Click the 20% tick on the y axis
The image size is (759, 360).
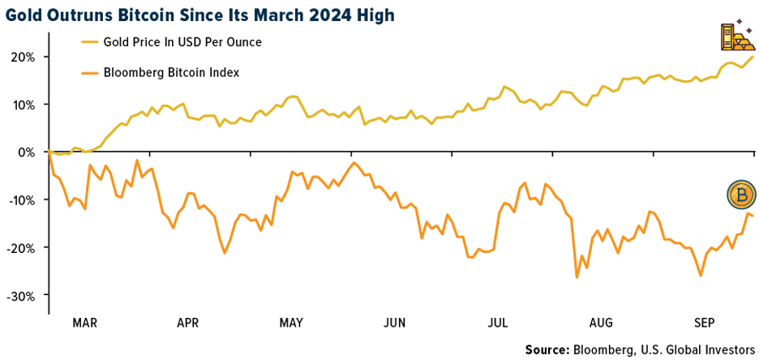tap(22, 58)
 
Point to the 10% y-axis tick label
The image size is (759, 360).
tap(22, 105)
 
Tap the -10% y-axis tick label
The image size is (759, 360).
tap(20, 199)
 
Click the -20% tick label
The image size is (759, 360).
tap(20, 247)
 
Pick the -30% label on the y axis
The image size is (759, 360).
tap(20, 294)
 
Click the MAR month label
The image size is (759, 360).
tap(84, 322)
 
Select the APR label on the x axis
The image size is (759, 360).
tap(187, 322)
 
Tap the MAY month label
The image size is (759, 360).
tap(291, 322)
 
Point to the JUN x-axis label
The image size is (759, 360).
tap(394, 322)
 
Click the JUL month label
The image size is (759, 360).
tap(498, 322)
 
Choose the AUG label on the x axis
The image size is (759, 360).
tap(601, 322)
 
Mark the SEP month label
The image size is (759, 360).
tap(704, 322)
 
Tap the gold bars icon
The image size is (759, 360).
tap(735, 38)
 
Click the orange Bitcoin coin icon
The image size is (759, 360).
tap(741, 195)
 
